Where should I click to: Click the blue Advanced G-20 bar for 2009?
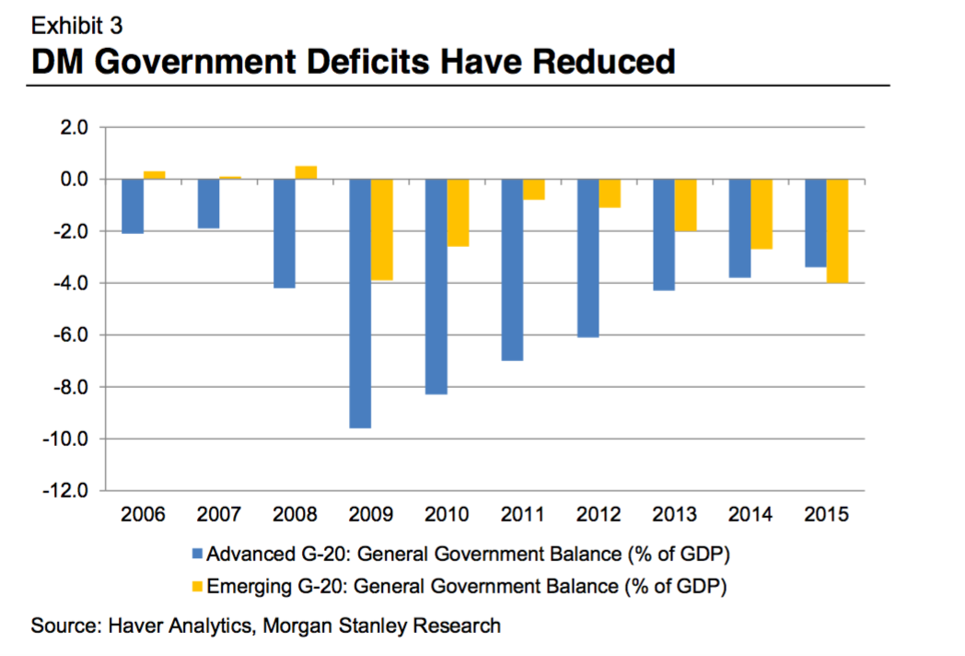pyautogui.click(x=360, y=303)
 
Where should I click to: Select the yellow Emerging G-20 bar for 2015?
pyautogui.click(x=837, y=230)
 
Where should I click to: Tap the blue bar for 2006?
pyautogui.click(x=133, y=205)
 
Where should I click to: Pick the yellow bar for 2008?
pyautogui.click(x=306, y=172)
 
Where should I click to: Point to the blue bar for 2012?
pyautogui.click(x=588, y=258)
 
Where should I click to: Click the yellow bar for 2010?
pyautogui.click(x=458, y=212)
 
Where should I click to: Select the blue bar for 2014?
pyautogui.click(x=739, y=228)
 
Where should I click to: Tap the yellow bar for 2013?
pyautogui.click(x=685, y=205)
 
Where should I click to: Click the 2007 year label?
pyautogui.click(x=220, y=514)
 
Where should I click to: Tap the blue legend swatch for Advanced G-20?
pyautogui.click(x=197, y=555)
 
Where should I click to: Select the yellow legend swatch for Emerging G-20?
pyautogui.click(x=197, y=585)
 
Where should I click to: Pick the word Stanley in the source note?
pyautogui.click(x=359, y=627)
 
